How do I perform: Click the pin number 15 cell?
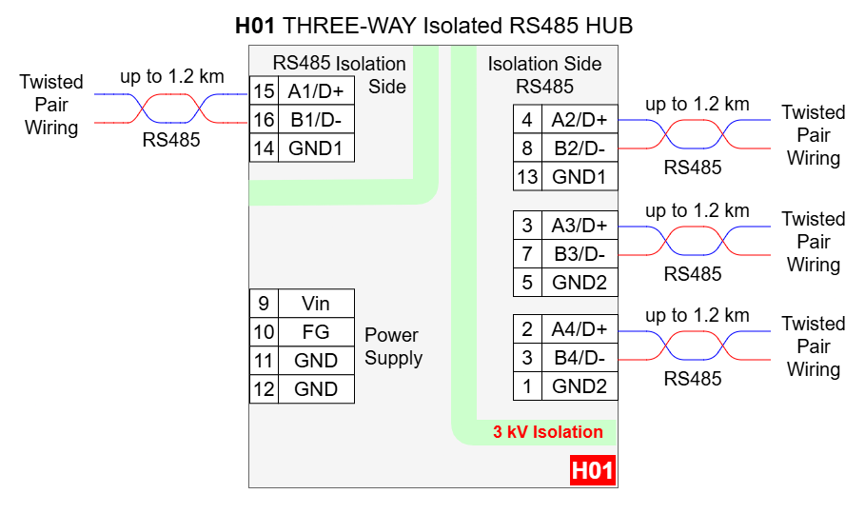click(x=264, y=91)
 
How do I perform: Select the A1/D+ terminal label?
click(x=316, y=91)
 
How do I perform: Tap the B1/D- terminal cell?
click(x=316, y=120)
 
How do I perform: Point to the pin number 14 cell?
click(x=264, y=148)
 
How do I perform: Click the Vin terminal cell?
click(x=316, y=304)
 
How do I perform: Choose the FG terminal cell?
click(x=316, y=332)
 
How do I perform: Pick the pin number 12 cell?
click(x=264, y=389)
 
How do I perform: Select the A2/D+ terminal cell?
click(x=579, y=120)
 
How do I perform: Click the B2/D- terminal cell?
click(x=579, y=148)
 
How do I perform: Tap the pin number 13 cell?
click(x=527, y=177)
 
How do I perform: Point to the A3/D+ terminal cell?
click(x=579, y=226)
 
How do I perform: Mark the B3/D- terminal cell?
click(x=579, y=254)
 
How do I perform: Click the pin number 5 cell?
click(x=527, y=283)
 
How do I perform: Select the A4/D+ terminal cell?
click(x=579, y=329)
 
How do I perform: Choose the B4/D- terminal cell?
click(x=579, y=358)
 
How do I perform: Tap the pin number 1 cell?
click(x=527, y=386)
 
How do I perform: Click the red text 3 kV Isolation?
click(x=547, y=432)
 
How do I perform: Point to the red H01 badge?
click(x=592, y=471)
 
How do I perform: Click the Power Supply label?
click(x=393, y=346)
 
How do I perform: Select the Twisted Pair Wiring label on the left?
click(x=51, y=105)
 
